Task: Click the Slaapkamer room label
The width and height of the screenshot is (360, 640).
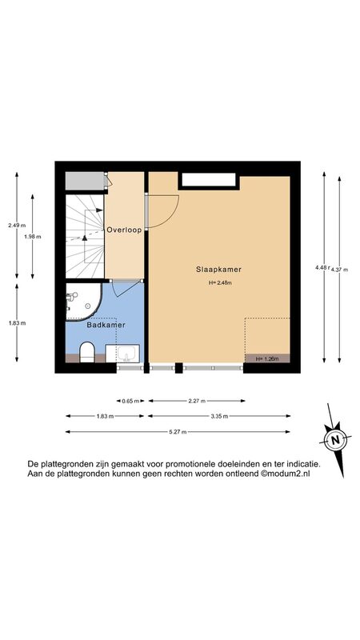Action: (218, 270)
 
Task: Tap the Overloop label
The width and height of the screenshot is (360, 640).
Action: (124, 230)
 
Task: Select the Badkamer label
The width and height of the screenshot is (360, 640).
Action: (106, 326)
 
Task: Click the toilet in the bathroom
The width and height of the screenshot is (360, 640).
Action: (86, 351)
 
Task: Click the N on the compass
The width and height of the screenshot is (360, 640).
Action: (335, 440)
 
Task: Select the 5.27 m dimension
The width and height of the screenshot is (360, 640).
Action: (178, 432)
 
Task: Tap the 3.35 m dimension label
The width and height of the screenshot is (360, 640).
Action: (219, 416)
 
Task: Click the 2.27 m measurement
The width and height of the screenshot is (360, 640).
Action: (197, 401)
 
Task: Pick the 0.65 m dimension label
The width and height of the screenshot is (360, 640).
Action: (130, 401)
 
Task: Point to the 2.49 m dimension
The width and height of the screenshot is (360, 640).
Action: (17, 225)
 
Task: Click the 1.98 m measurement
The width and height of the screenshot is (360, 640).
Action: (32, 236)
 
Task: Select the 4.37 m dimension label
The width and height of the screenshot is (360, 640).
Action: (339, 270)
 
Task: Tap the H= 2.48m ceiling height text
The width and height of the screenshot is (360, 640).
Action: (220, 283)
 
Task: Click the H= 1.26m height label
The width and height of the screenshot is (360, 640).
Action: (267, 359)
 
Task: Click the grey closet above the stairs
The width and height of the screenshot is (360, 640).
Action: (85, 181)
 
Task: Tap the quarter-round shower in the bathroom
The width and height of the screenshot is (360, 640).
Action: (84, 302)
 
